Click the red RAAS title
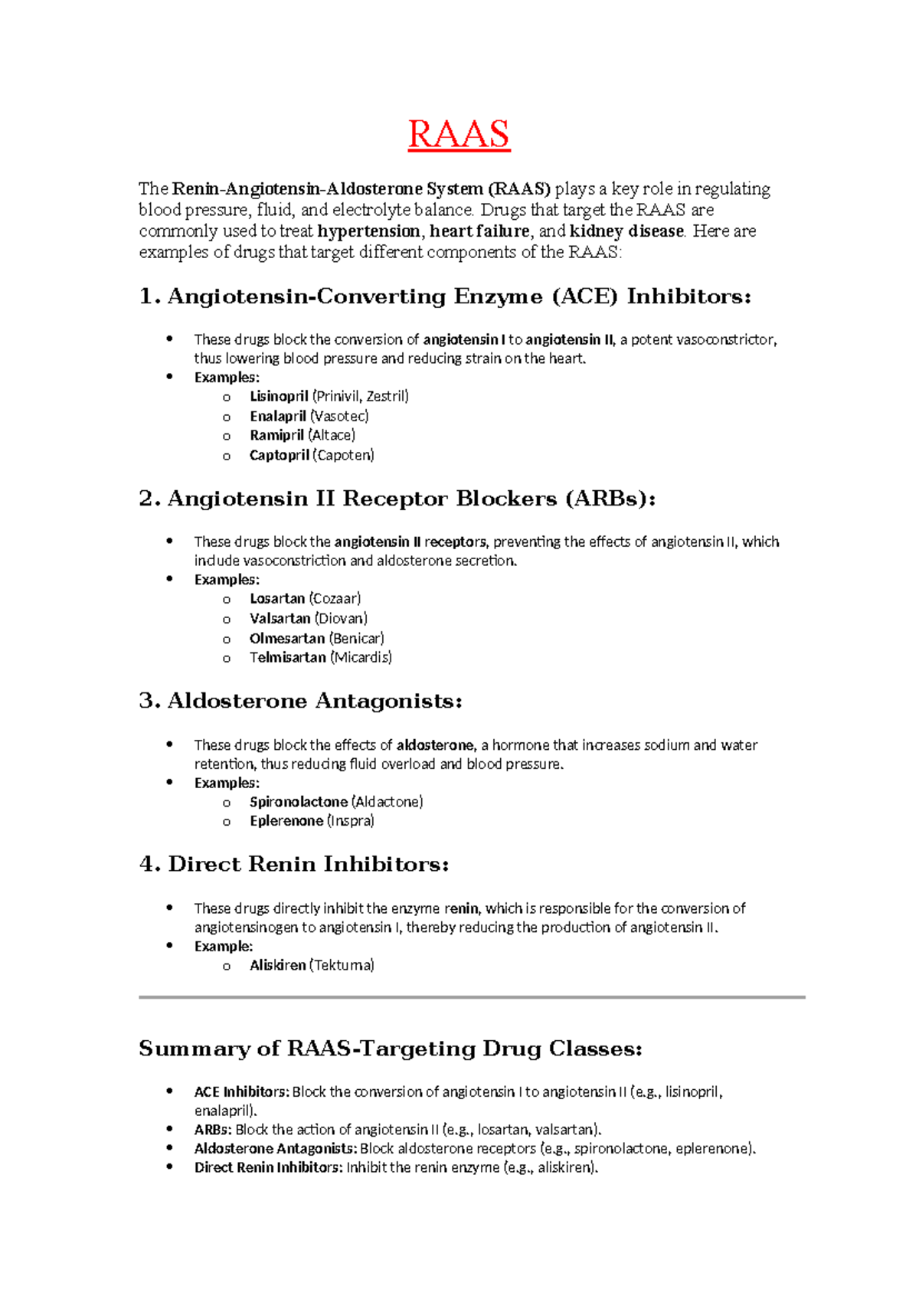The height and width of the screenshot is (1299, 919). [x=459, y=135]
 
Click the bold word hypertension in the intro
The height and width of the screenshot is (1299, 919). [x=368, y=231]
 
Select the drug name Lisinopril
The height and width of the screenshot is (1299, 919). [x=279, y=397]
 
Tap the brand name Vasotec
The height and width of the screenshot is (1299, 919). [x=339, y=416]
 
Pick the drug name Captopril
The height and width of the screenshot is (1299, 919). [x=280, y=455]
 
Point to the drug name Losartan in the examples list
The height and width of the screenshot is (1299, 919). [x=277, y=598]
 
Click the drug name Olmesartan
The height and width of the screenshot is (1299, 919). [x=287, y=638]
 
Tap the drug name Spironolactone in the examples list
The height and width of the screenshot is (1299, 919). [x=299, y=801]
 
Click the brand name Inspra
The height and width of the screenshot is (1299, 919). [x=351, y=820]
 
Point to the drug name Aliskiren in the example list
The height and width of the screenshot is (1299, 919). [x=277, y=965]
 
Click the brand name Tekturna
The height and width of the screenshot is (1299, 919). [x=342, y=965]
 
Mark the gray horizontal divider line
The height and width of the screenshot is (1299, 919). [x=472, y=997]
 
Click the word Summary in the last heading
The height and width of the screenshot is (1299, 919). [x=195, y=1049]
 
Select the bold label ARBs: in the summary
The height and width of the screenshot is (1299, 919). [x=212, y=1129]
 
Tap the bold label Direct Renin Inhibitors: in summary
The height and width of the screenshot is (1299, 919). [x=268, y=1167]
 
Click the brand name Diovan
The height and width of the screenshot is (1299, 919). [x=342, y=618]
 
